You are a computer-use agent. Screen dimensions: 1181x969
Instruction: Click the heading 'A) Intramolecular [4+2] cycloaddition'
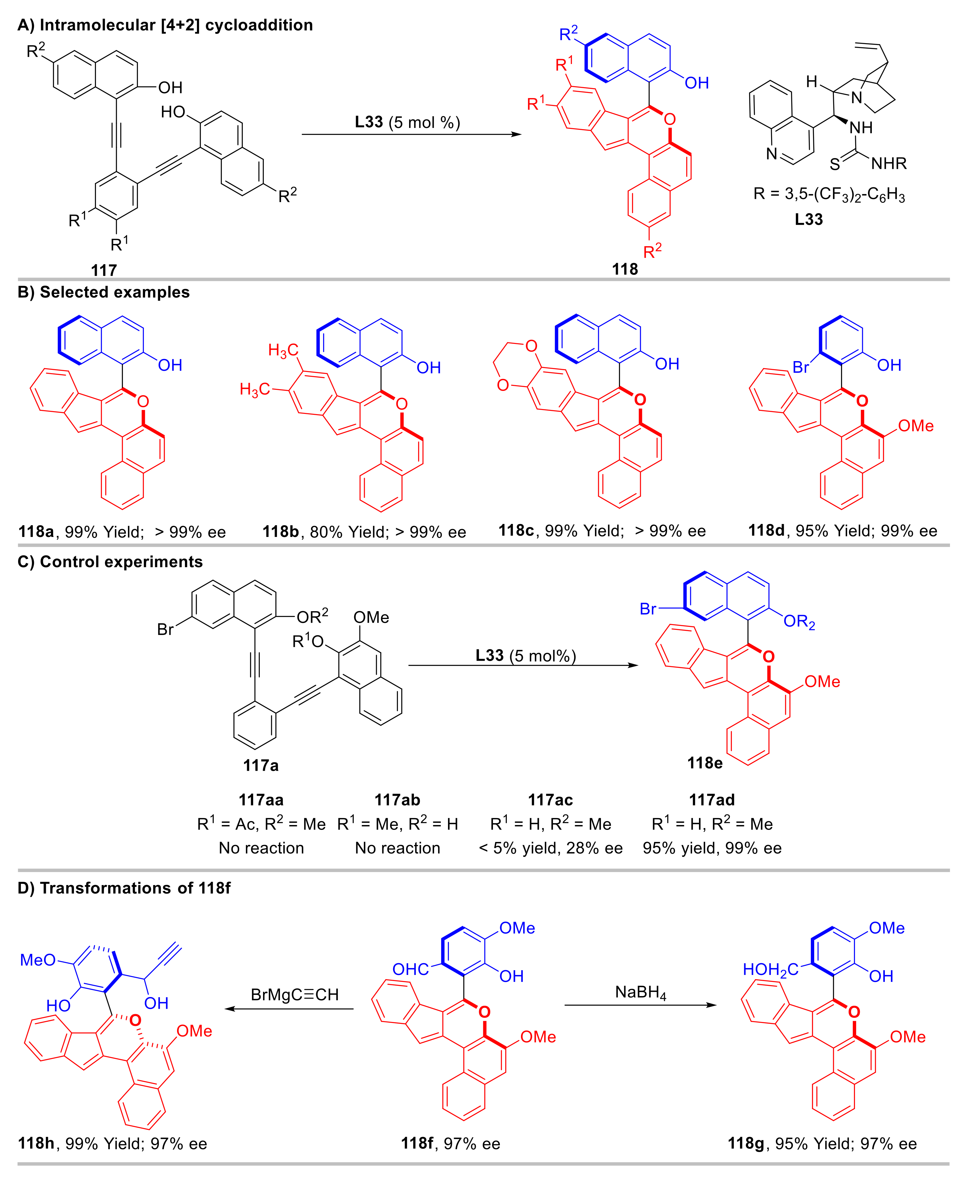(165, 25)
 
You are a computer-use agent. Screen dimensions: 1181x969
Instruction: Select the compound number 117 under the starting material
(104, 270)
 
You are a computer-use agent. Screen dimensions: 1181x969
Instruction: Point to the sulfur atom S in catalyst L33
(834, 164)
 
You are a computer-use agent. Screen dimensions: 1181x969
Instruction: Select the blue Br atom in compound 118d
(801, 367)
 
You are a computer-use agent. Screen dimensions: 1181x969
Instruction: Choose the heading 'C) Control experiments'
(110, 561)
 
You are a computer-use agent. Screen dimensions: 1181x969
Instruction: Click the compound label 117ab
(397, 800)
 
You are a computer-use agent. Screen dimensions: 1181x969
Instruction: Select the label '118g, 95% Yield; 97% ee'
(822, 1144)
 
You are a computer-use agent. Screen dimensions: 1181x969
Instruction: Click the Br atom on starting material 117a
(165, 630)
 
